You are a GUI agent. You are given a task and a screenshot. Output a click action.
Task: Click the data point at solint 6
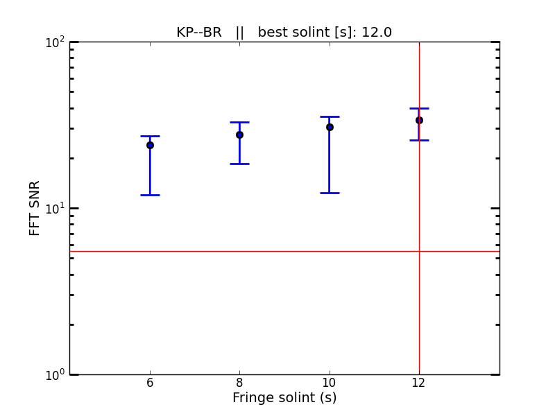pyautogui.click(x=150, y=145)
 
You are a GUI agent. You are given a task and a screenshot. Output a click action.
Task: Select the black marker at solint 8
pyautogui.click(x=239, y=135)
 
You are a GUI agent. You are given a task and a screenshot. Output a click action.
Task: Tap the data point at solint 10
pyautogui.click(x=330, y=127)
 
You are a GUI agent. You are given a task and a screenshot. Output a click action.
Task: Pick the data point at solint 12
pyautogui.click(x=419, y=120)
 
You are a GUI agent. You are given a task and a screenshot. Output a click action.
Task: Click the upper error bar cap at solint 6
pyautogui.click(x=150, y=136)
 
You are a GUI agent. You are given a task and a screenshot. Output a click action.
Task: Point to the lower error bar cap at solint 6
pyautogui.click(x=150, y=195)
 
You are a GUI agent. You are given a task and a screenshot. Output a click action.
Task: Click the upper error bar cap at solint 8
pyautogui.click(x=239, y=122)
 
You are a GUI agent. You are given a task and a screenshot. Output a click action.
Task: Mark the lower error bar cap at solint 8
pyautogui.click(x=239, y=164)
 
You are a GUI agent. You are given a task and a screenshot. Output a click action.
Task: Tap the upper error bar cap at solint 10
pyautogui.click(x=330, y=116)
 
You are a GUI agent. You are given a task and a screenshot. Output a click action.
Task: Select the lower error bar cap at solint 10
pyautogui.click(x=330, y=193)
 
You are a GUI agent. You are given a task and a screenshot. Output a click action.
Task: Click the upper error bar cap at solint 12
pyautogui.click(x=419, y=108)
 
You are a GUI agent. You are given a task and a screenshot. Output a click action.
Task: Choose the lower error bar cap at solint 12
pyautogui.click(x=419, y=140)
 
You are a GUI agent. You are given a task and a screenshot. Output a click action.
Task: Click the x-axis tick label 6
pyautogui.click(x=150, y=383)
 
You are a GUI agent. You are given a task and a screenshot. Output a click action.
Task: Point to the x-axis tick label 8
pyautogui.click(x=239, y=383)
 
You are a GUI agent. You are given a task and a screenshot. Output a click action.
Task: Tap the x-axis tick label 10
pyautogui.click(x=330, y=383)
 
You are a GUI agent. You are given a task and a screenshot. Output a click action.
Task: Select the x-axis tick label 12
pyautogui.click(x=419, y=383)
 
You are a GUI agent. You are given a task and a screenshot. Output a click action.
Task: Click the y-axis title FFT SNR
pyautogui.click(x=35, y=208)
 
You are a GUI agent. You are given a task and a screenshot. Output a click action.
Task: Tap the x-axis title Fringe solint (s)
pyautogui.click(x=284, y=398)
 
